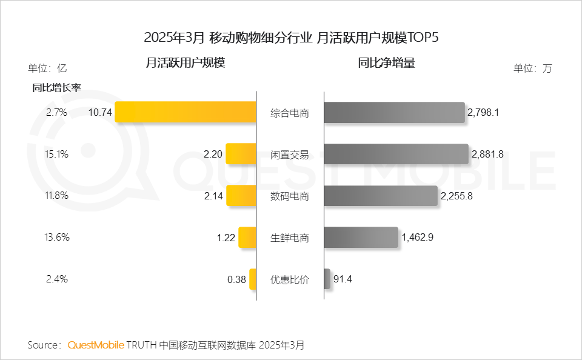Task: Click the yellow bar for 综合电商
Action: coord(186,112)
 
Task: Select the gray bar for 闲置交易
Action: coord(396,154)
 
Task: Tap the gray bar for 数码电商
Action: coord(380,196)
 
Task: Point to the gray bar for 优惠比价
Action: coord(327,279)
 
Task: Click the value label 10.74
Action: coord(100,112)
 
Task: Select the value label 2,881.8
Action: coord(487,154)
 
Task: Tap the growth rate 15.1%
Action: coord(57,154)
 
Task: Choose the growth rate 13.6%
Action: coord(57,238)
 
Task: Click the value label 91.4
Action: coord(343,279)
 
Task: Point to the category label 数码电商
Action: coord(290,196)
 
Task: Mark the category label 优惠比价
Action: coord(290,280)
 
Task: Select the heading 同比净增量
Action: coord(387,62)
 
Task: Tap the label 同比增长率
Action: coord(56,87)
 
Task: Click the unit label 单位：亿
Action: coord(47,68)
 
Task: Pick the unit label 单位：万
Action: coord(533,68)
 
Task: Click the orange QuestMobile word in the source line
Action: coord(96,345)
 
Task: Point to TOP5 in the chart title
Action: coord(423,38)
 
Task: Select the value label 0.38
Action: coord(236,279)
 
